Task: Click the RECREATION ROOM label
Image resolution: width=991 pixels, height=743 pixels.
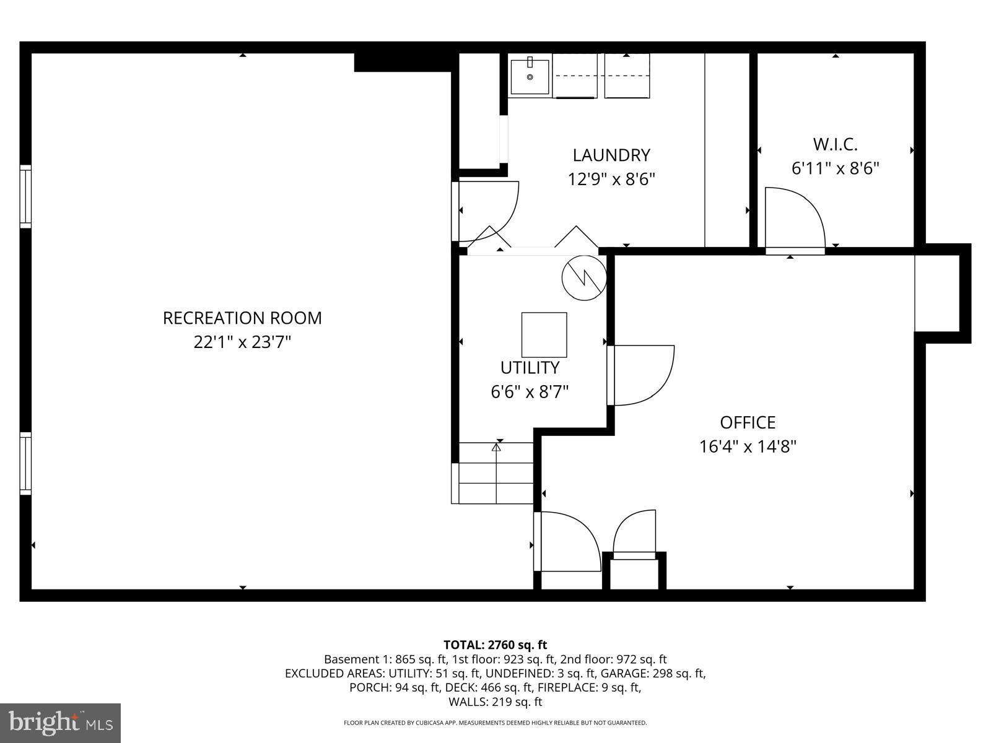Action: pos(242,318)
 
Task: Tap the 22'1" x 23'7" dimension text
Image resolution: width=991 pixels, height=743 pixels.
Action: pos(242,342)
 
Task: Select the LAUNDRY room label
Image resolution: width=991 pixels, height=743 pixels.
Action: pos(611,155)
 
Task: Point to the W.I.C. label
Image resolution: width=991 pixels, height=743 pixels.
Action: pos(835,144)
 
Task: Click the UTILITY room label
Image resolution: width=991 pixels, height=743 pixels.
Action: pos(530,368)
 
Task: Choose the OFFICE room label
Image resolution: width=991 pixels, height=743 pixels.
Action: pos(748,422)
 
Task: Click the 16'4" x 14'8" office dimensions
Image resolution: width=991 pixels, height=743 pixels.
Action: pos(748,446)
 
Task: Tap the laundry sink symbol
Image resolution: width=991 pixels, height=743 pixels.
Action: pos(530,76)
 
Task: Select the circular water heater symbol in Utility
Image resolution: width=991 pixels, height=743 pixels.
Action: pos(583,277)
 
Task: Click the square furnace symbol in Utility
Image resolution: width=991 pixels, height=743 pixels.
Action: pos(544,334)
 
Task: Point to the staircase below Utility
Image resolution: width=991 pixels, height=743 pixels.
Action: pos(495,473)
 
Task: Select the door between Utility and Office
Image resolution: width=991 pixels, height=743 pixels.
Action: pos(641,375)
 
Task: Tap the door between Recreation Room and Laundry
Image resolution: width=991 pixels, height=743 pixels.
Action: pos(486,211)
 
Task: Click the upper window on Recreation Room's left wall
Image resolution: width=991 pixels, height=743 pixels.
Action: pos(25,196)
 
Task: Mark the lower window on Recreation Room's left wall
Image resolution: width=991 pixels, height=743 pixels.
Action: pos(25,463)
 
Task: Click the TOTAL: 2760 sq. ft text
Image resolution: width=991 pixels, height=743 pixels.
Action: pos(495,645)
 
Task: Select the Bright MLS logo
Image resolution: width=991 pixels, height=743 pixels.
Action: pos(60,723)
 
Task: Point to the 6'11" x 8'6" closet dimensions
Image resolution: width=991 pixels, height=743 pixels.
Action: pos(835,168)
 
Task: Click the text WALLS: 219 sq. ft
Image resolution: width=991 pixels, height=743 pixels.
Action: pos(495,702)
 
